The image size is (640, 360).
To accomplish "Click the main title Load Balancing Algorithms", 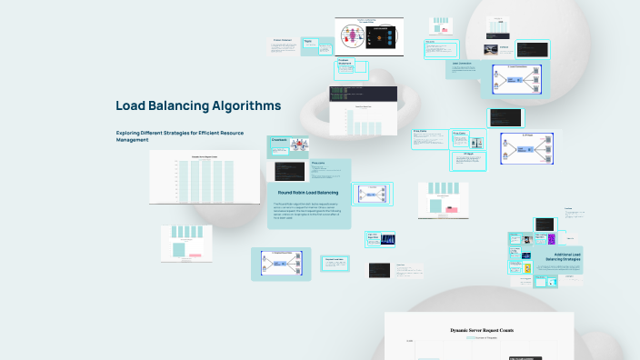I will coord(198,105).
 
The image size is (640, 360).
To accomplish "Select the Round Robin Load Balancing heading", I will coord(308,193).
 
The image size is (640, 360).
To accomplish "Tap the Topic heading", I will coord(306,42).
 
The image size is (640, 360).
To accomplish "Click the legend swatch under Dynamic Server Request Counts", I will coord(470,337).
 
